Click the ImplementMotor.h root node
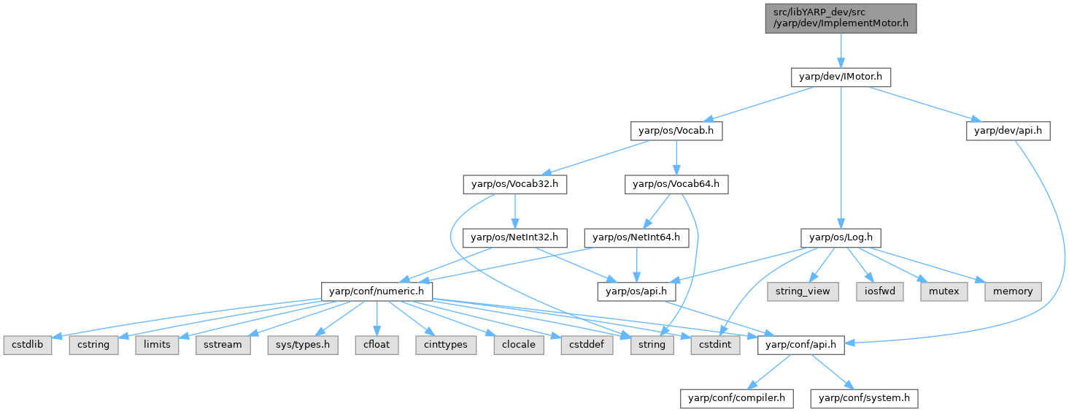[x=841, y=17]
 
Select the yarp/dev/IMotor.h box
[x=841, y=76]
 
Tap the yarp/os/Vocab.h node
[x=676, y=131]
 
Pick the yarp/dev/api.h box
[x=1008, y=131]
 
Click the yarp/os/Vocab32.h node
[x=514, y=184]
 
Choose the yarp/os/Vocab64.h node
[x=676, y=184]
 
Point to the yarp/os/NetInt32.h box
[x=514, y=237]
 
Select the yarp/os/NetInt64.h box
[x=636, y=237]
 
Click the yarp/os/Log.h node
[x=841, y=237]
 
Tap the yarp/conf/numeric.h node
[x=377, y=291]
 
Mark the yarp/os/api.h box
[x=636, y=291]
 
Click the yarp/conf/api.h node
[x=801, y=344]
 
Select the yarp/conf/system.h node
[x=864, y=398]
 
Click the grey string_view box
[x=798, y=291]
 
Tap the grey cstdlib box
[x=27, y=344]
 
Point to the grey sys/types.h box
[x=303, y=344]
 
